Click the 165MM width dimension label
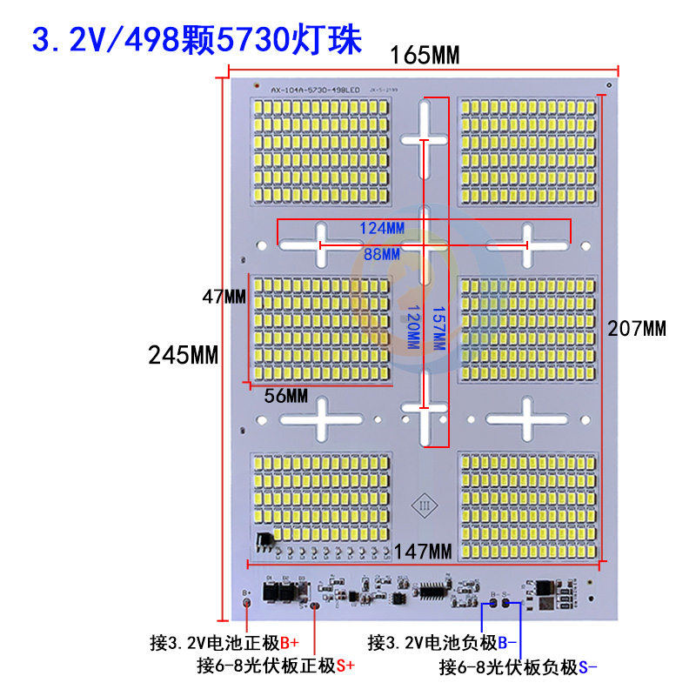424,56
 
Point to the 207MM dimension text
637,329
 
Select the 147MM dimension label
422,552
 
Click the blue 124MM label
382,228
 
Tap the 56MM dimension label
286,396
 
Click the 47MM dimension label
224,296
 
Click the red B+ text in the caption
289,643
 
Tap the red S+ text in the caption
345,666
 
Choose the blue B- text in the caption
507,643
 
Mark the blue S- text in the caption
588,667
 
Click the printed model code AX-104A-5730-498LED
312,90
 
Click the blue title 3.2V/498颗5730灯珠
197,40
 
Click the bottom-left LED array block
319,501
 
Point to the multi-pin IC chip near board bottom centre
432,591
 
